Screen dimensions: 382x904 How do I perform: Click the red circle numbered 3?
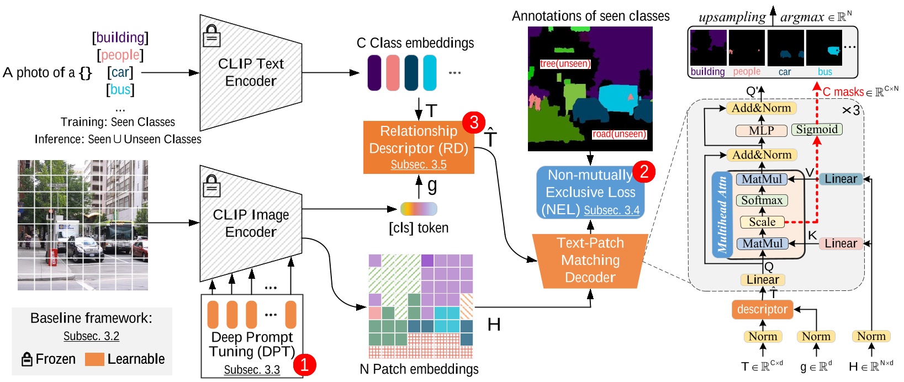click(473, 122)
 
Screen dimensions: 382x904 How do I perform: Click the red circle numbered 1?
click(304, 364)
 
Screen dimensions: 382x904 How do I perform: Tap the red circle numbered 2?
click(643, 172)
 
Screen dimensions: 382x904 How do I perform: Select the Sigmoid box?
click(817, 129)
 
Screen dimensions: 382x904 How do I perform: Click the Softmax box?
click(762, 200)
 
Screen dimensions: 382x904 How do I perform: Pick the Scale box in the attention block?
click(762, 222)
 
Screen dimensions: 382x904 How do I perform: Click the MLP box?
click(761, 131)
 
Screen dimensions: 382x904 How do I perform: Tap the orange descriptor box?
click(762, 309)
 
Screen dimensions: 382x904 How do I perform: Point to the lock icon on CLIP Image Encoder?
click(211, 187)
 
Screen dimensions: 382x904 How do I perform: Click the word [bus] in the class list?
click(120, 89)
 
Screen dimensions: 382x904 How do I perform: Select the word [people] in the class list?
click(120, 55)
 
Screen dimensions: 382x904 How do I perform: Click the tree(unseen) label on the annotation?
click(565, 63)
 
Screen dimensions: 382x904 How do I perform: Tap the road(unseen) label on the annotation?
click(619, 134)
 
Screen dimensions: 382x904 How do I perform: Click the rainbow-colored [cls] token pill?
click(419, 209)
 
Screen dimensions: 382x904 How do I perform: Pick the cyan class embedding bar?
click(430, 72)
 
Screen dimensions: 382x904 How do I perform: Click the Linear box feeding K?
click(840, 243)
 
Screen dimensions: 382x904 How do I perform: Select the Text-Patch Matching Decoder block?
click(590, 260)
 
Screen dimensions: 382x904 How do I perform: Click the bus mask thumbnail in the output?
click(824, 49)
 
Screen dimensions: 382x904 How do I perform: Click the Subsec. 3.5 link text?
click(418, 165)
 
